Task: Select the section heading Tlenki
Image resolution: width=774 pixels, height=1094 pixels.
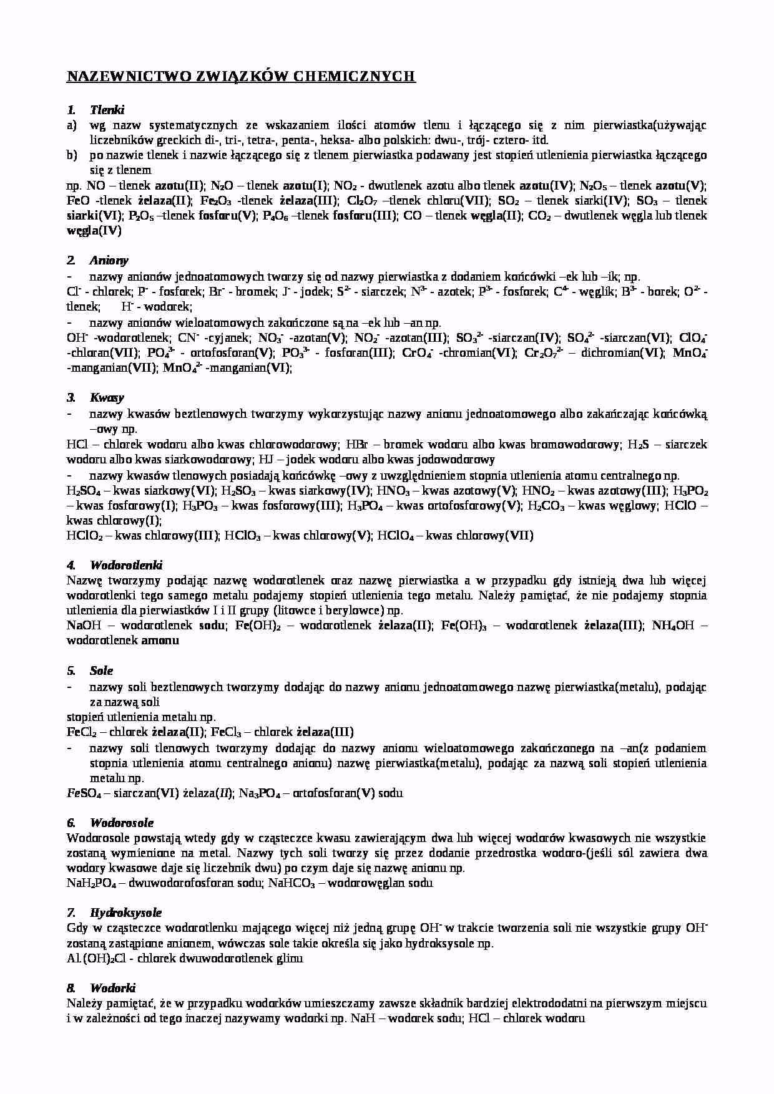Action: click(x=107, y=110)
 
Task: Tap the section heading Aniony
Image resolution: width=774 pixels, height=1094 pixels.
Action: click(x=109, y=260)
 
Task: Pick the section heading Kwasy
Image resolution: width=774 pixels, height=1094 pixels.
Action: click(x=107, y=397)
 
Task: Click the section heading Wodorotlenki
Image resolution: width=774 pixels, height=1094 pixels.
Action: click(x=126, y=565)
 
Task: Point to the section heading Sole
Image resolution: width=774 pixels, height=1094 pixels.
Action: click(x=101, y=670)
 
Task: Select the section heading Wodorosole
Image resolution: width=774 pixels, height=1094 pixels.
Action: click(x=121, y=823)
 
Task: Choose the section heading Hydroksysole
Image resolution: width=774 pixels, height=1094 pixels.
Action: click(x=125, y=912)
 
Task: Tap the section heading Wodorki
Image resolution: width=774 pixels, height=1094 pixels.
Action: click(x=112, y=988)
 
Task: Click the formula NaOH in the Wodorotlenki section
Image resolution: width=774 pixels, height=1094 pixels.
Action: click(x=82, y=625)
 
